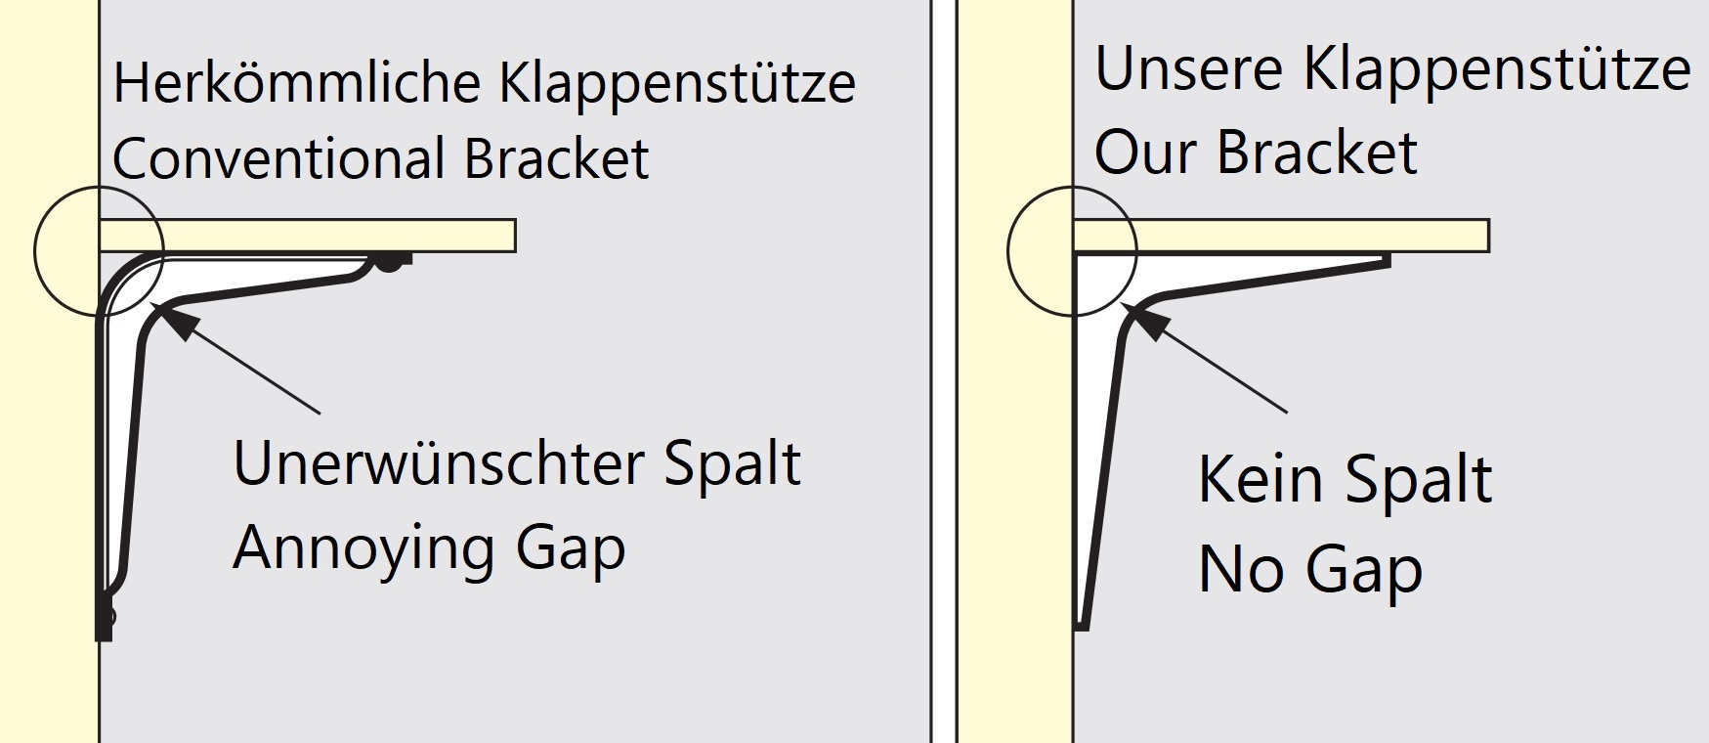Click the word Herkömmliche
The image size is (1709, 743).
click(x=298, y=83)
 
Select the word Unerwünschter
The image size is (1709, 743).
click(x=436, y=464)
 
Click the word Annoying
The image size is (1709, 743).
click(x=363, y=549)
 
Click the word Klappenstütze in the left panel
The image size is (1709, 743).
click(x=677, y=83)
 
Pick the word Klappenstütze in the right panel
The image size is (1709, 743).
click(x=1496, y=70)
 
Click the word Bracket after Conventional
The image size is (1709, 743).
click(x=556, y=158)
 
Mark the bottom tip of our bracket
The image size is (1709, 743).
click(x=1082, y=623)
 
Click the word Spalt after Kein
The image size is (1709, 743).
click(x=1419, y=479)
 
